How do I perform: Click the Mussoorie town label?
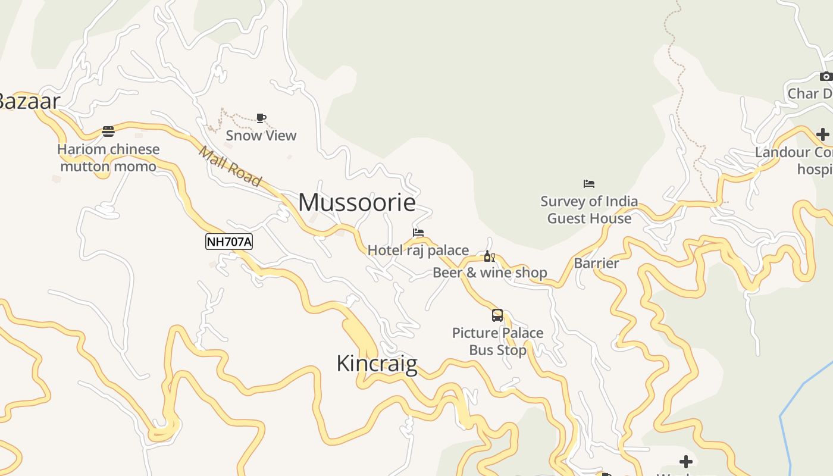click(x=356, y=203)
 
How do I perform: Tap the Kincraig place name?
click(x=377, y=364)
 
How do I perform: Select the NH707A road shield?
click(x=229, y=242)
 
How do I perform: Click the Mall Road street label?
click(x=230, y=166)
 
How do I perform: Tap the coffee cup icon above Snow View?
click(x=261, y=118)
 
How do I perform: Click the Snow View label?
click(x=261, y=136)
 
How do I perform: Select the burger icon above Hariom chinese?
click(x=108, y=131)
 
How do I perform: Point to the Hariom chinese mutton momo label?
click(x=108, y=158)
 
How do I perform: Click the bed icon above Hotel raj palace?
click(x=418, y=233)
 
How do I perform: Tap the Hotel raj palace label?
click(x=418, y=250)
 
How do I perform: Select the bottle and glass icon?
click(x=489, y=256)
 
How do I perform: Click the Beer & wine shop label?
click(x=490, y=273)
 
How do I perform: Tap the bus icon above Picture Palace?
click(x=497, y=315)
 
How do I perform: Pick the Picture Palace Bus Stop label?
click(x=497, y=341)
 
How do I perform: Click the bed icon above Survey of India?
click(x=589, y=183)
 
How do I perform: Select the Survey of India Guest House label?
click(x=589, y=210)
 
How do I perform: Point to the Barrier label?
click(x=596, y=263)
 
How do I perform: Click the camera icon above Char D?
click(x=826, y=76)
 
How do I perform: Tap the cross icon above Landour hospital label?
click(x=822, y=134)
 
